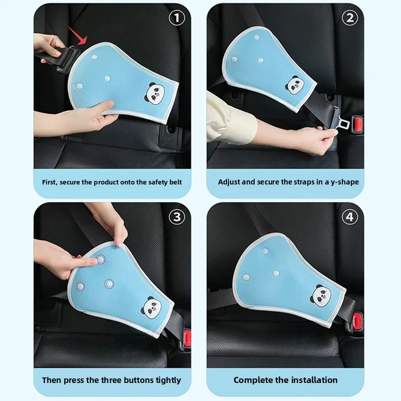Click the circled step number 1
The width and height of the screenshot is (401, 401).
pos(177,18)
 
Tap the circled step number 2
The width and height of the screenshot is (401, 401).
pos(350,18)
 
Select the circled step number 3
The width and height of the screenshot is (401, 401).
pos(177,217)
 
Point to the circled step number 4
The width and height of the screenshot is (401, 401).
pos(350,217)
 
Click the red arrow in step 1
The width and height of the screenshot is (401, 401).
pos(78,35)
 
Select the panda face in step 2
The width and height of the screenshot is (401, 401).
pos(295,85)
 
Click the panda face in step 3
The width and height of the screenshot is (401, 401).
pos(151,308)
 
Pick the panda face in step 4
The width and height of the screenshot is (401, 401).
pos(321,296)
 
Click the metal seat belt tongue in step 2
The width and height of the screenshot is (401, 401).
pos(339,121)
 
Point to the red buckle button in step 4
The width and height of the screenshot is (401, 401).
pos(357,321)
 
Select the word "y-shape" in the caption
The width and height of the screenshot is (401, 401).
pos(345,182)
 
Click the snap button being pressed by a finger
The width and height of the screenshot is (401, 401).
pos(101,260)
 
